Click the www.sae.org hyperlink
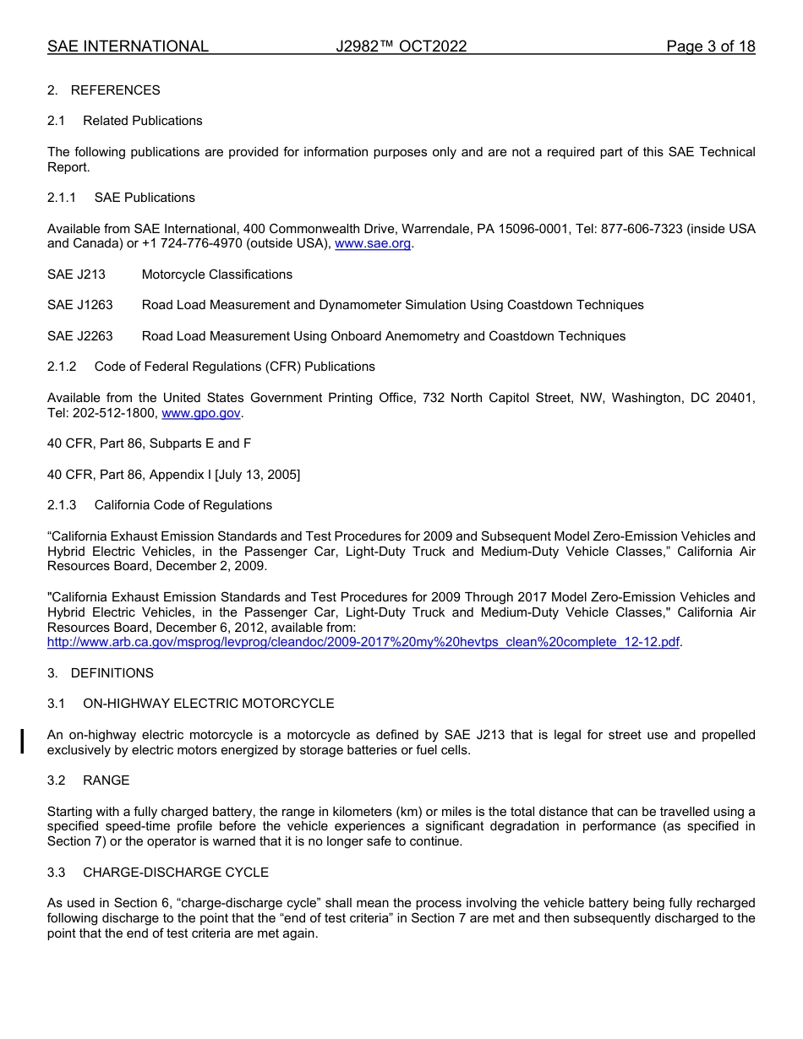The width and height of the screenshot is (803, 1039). tap(373, 244)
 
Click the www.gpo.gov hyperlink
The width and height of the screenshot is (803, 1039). tap(201, 413)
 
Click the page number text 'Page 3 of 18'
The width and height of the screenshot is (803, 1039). tap(710, 46)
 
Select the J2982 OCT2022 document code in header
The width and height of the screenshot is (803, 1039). tap(401, 46)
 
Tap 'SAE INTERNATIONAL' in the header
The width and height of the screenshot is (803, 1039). tap(128, 46)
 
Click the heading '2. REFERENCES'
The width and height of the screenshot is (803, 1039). tap(103, 90)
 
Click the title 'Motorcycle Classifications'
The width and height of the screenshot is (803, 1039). tap(217, 275)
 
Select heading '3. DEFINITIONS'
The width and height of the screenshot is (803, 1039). tap(101, 673)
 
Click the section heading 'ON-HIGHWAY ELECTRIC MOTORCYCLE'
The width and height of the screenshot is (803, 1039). tap(208, 704)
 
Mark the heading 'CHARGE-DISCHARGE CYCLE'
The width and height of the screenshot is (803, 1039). tap(176, 873)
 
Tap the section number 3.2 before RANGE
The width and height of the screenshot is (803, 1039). tap(57, 781)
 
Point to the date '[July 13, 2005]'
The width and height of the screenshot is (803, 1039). tap(258, 475)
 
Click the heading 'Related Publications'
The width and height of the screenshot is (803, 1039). tap(142, 121)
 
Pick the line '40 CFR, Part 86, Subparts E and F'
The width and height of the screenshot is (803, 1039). tap(149, 443)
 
